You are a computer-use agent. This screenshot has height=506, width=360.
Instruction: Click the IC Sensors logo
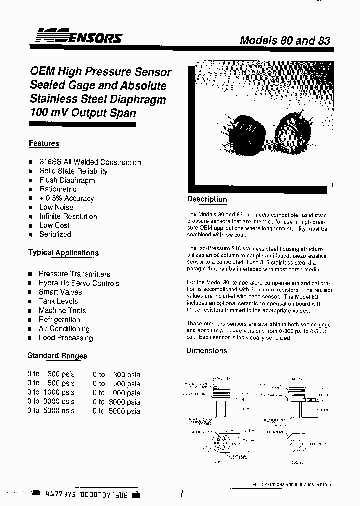point(77,37)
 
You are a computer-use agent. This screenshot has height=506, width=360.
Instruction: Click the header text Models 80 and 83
point(285,40)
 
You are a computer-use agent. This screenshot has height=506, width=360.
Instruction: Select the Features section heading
point(44,144)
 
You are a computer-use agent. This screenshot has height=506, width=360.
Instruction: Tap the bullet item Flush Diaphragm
point(67,180)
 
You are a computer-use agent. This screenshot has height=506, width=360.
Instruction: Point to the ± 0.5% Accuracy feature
point(67,198)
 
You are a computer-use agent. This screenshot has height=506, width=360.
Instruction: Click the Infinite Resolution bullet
point(68,217)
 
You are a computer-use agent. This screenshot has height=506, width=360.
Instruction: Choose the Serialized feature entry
point(55,234)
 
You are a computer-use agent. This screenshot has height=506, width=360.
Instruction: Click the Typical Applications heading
point(63,253)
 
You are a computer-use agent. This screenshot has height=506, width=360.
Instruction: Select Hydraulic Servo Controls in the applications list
point(79,283)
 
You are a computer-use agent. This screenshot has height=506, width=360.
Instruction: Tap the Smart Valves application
point(60,292)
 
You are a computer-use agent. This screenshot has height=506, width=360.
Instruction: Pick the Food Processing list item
point(66,338)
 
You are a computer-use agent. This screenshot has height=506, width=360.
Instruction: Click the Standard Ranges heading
point(57,356)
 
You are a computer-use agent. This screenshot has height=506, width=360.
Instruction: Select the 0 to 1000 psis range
point(51,393)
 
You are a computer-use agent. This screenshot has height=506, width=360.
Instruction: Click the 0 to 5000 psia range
point(116,411)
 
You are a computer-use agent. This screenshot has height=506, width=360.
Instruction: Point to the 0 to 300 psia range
point(116,375)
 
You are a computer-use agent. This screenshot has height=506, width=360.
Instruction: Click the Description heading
point(207,199)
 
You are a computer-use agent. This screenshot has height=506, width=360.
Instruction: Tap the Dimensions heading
point(207,351)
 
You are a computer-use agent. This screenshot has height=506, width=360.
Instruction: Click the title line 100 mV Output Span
point(83,113)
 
